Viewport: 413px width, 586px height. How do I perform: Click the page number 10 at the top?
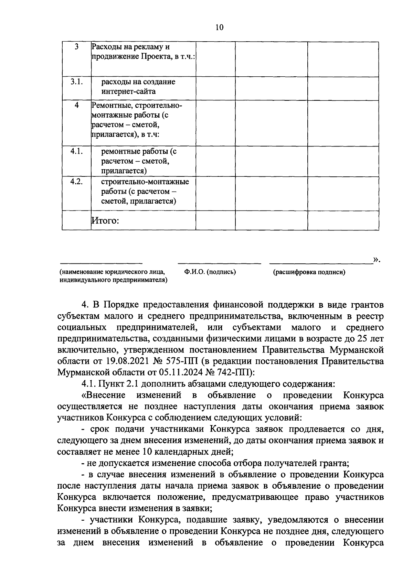(x=220, y=28)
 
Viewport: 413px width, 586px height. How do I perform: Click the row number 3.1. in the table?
(x=76, y=82)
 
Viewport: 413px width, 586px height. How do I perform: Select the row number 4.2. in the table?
(x=76, y=182)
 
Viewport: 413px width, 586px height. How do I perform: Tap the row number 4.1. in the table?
(x=76, y=151)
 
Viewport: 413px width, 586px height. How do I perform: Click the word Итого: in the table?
(x=105, y=220)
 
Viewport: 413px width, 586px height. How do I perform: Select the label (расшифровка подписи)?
(x=309, y=272)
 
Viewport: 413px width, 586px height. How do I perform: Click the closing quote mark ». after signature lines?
(x=377, y=260)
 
